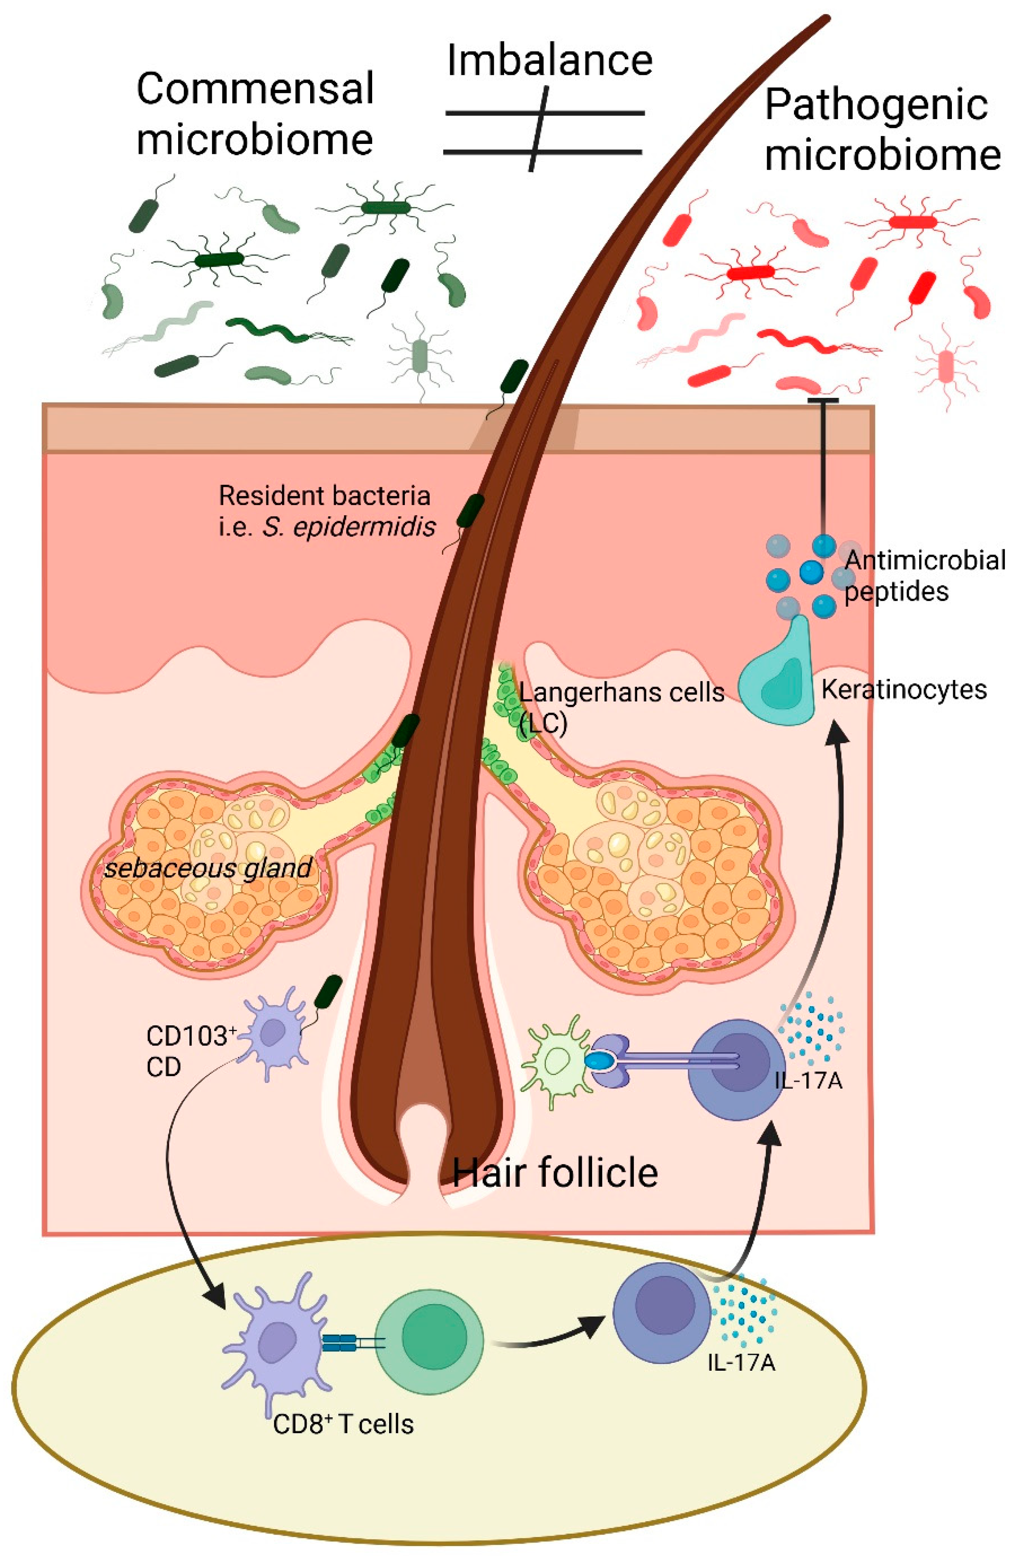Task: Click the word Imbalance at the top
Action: point(549,60)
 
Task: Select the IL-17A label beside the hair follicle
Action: point(808,1080)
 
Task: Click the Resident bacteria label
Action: point(324,496)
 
